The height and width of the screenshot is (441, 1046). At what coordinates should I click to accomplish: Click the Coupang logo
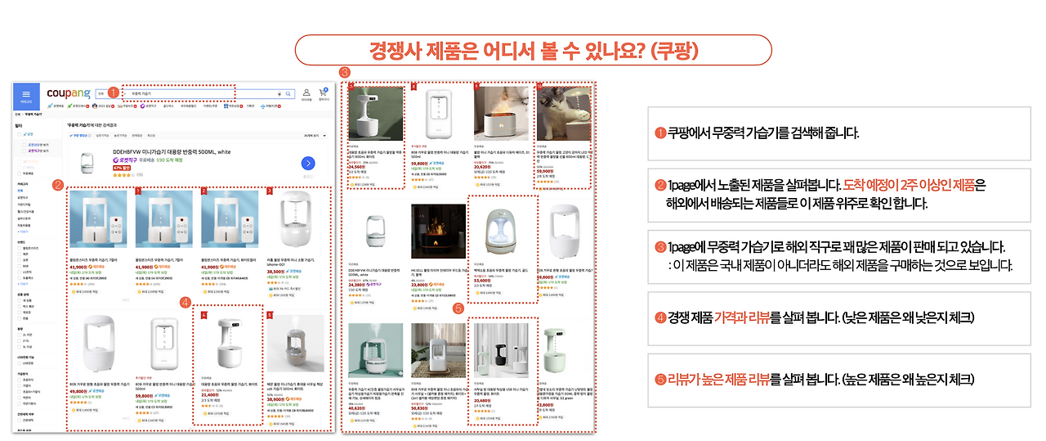click(x=69, y=93)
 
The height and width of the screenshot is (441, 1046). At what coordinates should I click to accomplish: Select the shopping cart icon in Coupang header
click(x=323, y=93)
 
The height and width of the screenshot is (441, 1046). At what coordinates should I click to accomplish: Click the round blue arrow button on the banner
click(x=308, y=164)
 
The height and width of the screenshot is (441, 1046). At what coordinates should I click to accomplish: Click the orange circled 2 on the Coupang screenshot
click(x=57, y=185)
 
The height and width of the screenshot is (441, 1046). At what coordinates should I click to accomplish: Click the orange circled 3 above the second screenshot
click(x=345, y=73)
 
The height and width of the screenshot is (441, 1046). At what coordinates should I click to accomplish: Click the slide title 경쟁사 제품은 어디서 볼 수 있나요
click(x=533, y=50)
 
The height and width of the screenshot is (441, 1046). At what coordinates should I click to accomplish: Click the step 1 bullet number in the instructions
click(x=660, y=133)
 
